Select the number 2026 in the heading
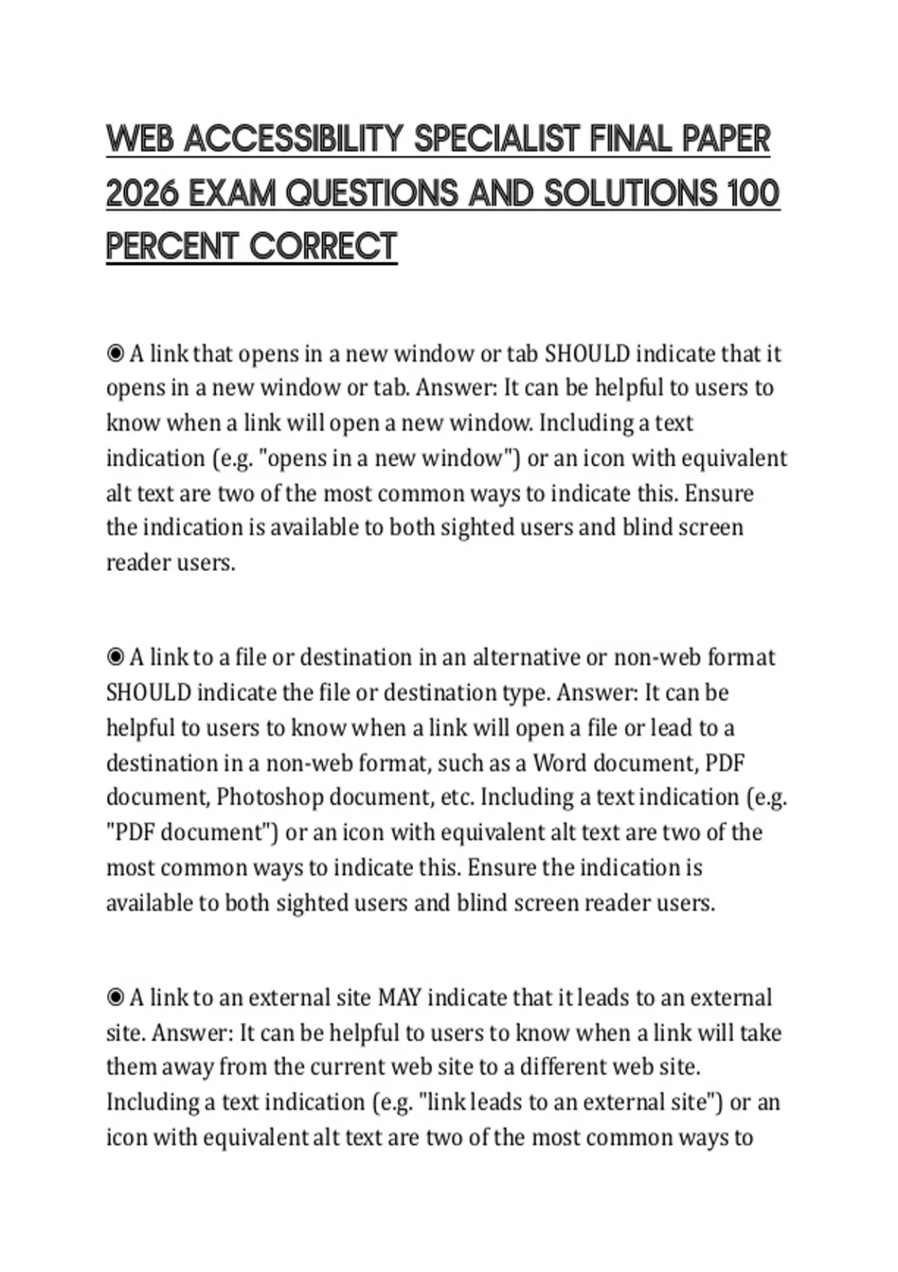click(142, 194)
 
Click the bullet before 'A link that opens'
click(115, 353)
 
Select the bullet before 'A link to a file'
click(115, 657)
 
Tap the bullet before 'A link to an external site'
click(115, 997)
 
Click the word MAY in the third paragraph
click(400, 997)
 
